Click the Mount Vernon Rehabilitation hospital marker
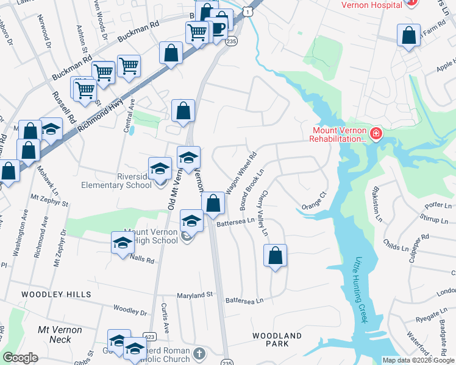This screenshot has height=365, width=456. [376, 134]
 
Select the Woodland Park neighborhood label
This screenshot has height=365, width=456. [277, 339]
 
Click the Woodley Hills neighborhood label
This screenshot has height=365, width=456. [56, 294]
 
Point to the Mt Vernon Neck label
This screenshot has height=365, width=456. [60, 334]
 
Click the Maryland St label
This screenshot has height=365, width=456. [196, 295]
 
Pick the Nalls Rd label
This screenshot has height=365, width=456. [142, 259]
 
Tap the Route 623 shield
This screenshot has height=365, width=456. [149, 336]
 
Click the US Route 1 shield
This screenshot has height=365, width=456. [247, 10]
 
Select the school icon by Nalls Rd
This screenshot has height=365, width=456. [123, 243]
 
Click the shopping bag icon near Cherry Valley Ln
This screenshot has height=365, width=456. [275, 255]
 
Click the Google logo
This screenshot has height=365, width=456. [21, 358]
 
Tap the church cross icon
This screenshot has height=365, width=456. [199, 353]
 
